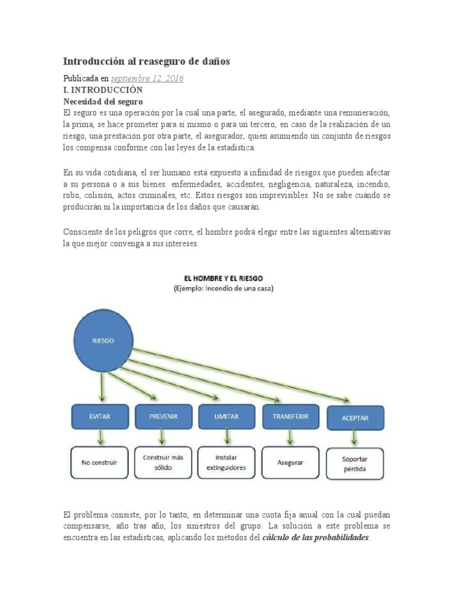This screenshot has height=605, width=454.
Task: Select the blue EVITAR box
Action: tap(99, 417)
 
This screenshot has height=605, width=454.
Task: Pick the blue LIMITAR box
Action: tap(226, 417)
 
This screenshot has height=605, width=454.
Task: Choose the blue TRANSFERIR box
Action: tap(290, 417)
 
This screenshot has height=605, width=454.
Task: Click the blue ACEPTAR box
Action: tap(355, 418)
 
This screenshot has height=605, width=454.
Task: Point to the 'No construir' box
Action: tap(99, 462)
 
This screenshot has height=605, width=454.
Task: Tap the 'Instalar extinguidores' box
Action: tap(226, 462)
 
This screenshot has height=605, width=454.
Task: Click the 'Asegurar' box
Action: tap(290, 462)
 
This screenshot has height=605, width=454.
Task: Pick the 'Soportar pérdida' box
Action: tap(355, 463)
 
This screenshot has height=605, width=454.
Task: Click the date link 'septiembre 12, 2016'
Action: tap(147, 79)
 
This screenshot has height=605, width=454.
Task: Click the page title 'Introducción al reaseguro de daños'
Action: tap(147, 61)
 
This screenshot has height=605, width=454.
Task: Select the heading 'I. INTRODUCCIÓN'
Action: tap(103, 90)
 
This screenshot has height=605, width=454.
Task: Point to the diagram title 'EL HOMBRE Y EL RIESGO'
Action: tap(222, 277)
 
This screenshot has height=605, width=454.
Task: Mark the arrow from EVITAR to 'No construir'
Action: tap(101, 437)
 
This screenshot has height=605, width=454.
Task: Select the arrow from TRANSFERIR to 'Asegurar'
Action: tap(289, 437)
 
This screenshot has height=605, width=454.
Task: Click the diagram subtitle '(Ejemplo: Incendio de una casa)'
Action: tap(222, 288)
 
